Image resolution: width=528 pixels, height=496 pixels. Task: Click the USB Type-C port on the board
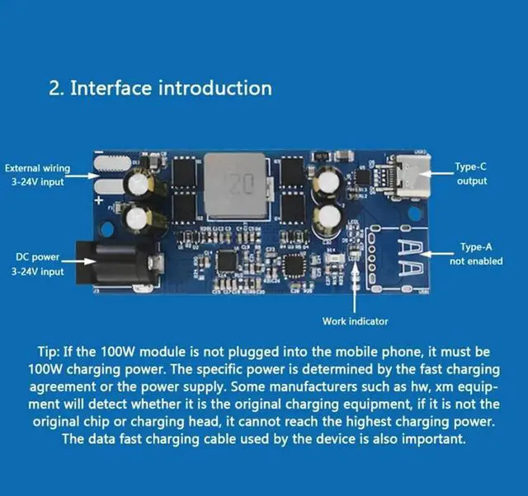[412, 174]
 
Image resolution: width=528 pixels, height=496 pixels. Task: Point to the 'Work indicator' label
[355, 321]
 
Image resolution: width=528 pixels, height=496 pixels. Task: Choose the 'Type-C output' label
[472, 174]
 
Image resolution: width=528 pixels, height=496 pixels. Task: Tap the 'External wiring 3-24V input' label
[37, 175]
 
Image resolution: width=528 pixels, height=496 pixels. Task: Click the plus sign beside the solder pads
[100, 199]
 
